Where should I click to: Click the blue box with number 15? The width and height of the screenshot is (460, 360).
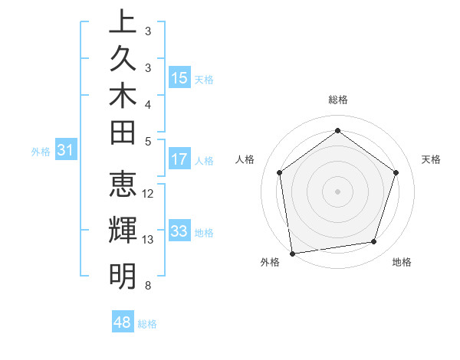(179, 78)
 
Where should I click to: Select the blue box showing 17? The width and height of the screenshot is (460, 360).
(179, 159)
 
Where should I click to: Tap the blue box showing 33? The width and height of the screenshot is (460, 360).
(179, 231)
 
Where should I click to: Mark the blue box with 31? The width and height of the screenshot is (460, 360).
(66, 151)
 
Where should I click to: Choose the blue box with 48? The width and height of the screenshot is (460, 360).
(123, 322)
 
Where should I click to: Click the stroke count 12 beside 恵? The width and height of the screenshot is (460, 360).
(149, 194)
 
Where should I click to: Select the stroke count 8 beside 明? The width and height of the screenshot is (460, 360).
(147, 286)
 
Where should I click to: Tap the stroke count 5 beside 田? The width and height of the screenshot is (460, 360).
(147, 141)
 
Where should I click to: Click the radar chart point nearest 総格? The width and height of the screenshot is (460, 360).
(337, 130)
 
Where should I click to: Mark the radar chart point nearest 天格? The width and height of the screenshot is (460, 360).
(396, 172)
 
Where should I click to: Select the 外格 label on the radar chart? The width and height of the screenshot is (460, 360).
(270, 262)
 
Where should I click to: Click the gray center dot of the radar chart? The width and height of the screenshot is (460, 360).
(337, 191)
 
